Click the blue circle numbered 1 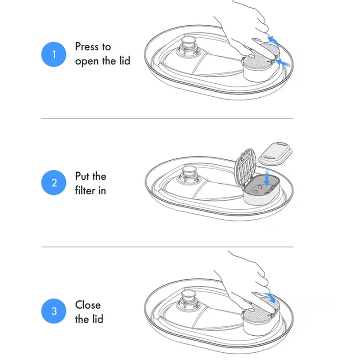point(54,54)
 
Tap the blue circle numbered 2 point(54,183)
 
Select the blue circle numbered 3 point(54,311)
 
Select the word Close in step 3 point(88,305)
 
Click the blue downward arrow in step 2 point(266,177)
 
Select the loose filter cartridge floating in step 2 point(275,153)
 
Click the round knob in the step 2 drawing point(189,175)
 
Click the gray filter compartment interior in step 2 point(262,186)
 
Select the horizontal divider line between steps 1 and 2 point(167,118)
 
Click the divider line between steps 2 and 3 point(167,247)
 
